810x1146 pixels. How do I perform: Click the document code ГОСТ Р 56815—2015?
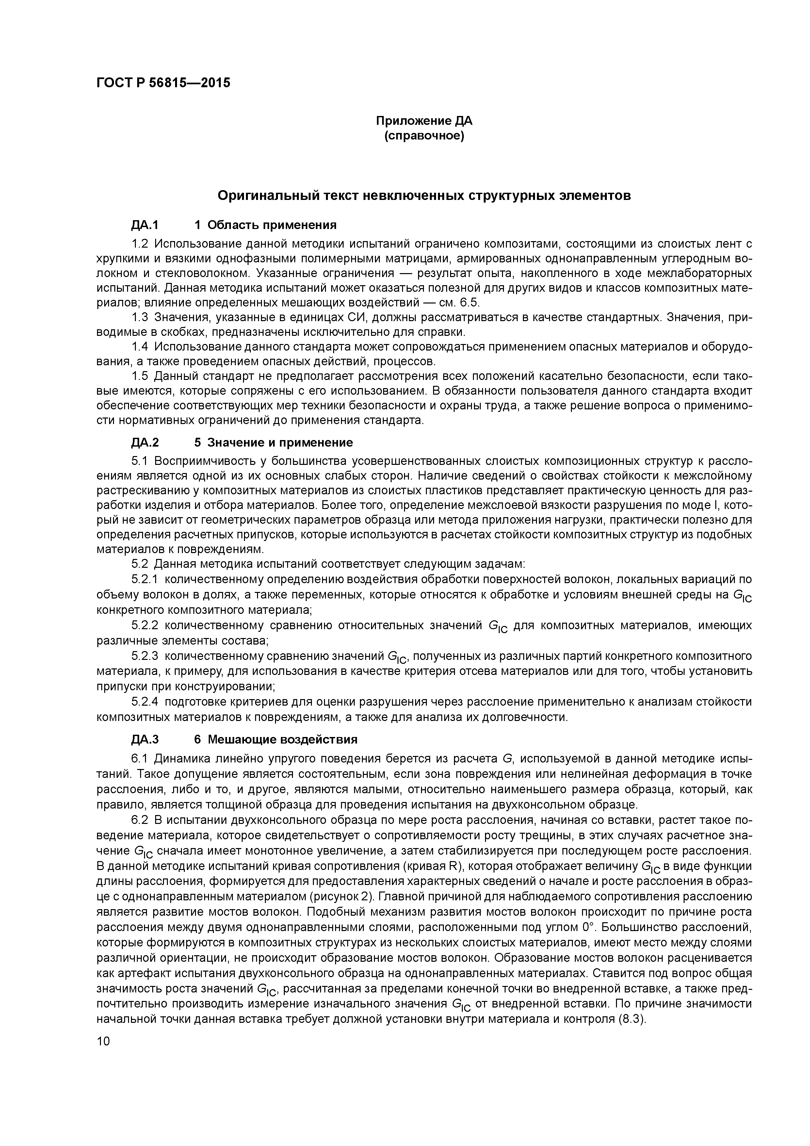[x=163, y=83]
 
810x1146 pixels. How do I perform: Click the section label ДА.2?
[x=145, y=442]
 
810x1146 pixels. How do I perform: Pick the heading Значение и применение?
[x=280, y=442]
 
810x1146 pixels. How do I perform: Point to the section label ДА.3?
[x=145, y=739]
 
